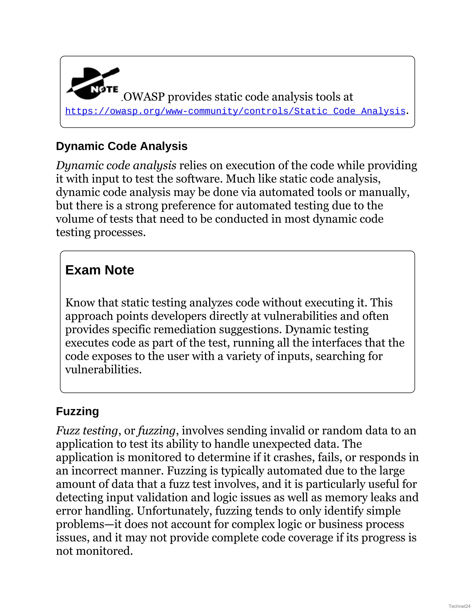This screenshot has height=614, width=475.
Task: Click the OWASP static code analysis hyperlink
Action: [235, 111]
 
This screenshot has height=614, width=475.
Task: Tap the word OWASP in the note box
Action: [144, 97]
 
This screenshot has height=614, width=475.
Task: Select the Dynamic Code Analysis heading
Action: [122, 146]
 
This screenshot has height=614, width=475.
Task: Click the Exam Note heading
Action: [99, 270]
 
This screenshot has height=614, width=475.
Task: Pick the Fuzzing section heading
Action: [77, 411]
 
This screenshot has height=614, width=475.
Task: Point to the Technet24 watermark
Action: [459, 606]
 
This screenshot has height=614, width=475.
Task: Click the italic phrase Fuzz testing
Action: [87, 431]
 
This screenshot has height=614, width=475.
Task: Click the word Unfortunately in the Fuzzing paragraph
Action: [174, 511]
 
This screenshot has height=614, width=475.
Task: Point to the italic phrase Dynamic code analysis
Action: [116, 166]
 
